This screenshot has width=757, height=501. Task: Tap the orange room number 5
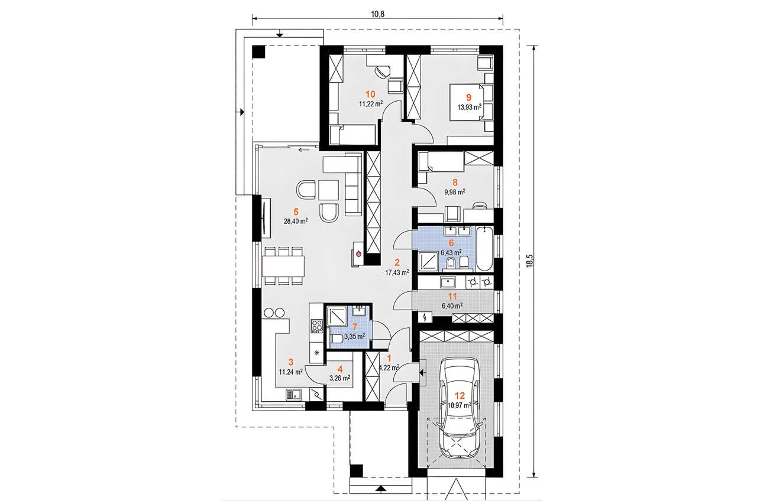click(295, 212)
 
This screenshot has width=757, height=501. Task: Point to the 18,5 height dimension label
click(530, 260)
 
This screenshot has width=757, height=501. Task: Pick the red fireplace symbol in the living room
click(358, 255)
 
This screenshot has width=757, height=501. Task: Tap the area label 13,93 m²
click(469, 107)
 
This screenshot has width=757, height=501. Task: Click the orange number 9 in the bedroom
click(468, 97)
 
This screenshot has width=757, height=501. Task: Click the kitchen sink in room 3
click(293, 394)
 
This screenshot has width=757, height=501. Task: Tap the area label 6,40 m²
click(451, 305)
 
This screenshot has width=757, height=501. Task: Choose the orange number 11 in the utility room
click(452, 297)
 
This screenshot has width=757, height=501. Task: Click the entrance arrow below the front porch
click(379, 488)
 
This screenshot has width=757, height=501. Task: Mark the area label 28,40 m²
click(296, 221)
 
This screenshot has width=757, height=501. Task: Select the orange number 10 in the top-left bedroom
click(371, 93)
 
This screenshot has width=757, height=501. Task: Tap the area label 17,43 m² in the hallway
click(397, 272)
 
